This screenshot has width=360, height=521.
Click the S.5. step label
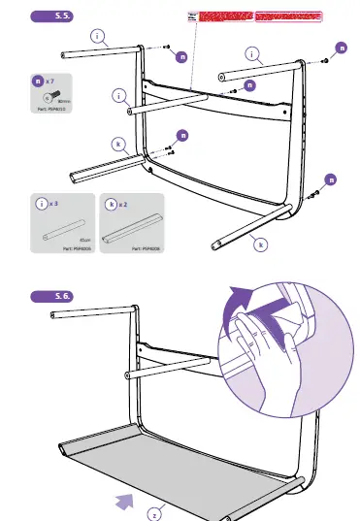coord(60,16)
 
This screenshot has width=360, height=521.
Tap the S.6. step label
coord(60,295)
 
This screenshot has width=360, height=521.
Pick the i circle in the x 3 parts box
coord(41,206)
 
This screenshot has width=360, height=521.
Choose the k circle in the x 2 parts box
coord(114,206)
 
